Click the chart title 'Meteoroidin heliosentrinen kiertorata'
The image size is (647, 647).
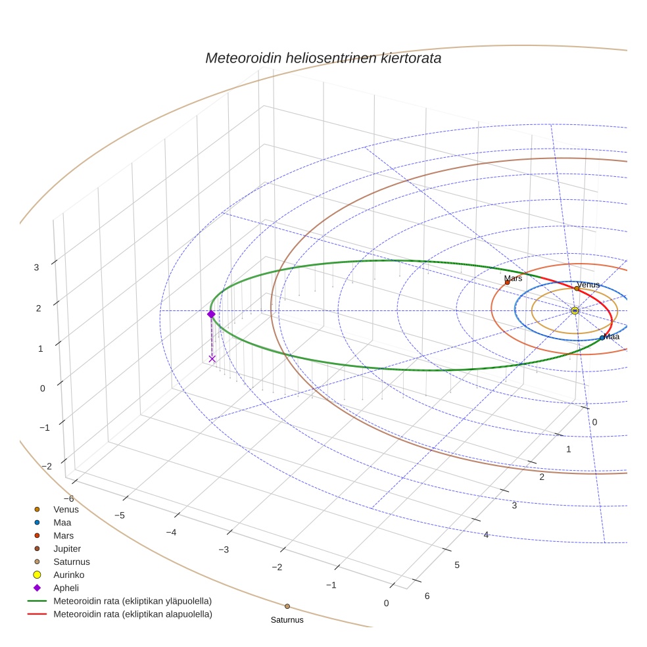(x=323, y=58)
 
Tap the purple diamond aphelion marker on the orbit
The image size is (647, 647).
(x=211, y=314)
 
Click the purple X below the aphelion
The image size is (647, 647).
(x=212, y=358)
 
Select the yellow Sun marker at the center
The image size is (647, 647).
(x=575, y=310)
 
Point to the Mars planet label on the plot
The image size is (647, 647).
(x=513, y=279)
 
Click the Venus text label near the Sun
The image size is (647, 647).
(x=588, y=285)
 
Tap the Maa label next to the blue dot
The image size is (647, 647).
(x=611, y=337)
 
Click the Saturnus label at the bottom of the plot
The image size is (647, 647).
(x=287, y=619)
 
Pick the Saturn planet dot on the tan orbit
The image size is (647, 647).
(x=287, y=606)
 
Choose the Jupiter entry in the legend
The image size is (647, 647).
(x=67, y=548)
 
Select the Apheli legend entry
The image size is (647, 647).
(x=66, y=588)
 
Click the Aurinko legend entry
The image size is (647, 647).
(x=68, y=575)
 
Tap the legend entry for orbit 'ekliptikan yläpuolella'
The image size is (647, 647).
(x=132, y=601)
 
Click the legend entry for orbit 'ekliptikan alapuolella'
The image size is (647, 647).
(x=132, y=614)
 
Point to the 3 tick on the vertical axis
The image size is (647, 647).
(x=37, y=267)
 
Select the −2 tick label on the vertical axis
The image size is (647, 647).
(x=46, y=466)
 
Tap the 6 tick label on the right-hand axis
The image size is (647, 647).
(x=427, y=596)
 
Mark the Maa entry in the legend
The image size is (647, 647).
(x=62, y=522)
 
